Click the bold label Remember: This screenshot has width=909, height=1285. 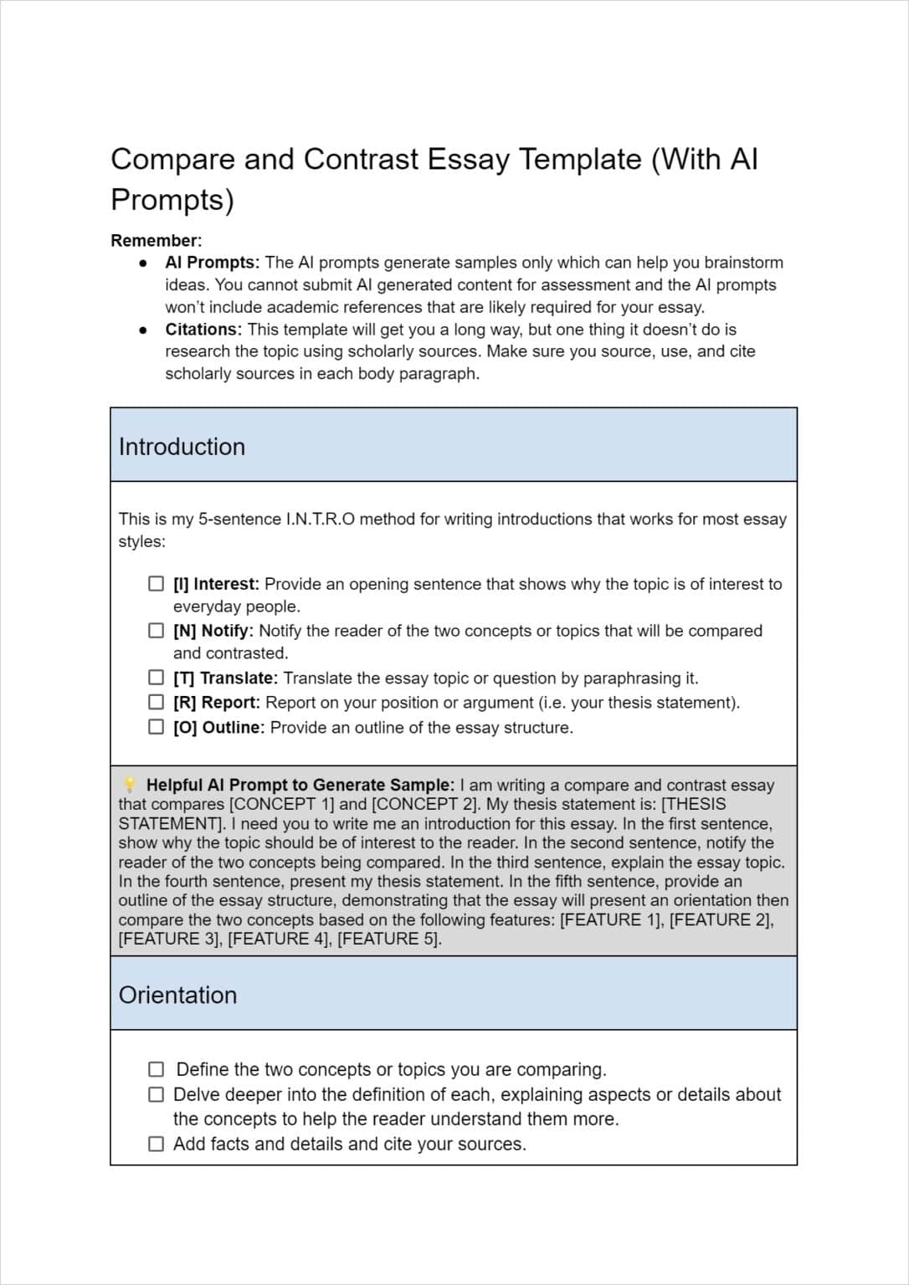pyautogui.click(x=157, y=241)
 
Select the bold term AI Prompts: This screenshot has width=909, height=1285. pyautogui.click(x=212, y=263)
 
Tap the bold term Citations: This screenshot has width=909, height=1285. pyautogui.click(x=203, y=330)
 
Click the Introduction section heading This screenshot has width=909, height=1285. pyautogui.click(x=182, y=447)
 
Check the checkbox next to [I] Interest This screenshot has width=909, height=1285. pyautogui.click(x=157, y=584)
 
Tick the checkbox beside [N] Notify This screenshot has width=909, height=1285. pyautogui.click(x=157, y=631)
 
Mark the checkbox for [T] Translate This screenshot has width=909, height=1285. pyautogui.click(x=157, y=678)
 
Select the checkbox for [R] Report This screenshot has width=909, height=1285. pyautogui.click(x=157, y=703)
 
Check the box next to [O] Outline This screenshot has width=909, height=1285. pyautogui.click(x=157, y=727)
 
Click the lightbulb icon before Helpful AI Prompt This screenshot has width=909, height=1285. pyautogui.click(x=130, y=785)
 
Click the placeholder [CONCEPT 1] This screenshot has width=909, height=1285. pyautogui.click(x=280, y=805)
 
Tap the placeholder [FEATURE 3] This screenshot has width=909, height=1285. pyautogui.click(x=170, y=939)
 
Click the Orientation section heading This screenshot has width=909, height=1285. pyautogui.click(x=177, y=995)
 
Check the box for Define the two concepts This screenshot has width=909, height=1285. pyautogui.click(x=157, y=1069)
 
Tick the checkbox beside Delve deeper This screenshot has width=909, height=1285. pyautogui.click(x=157, y=1094)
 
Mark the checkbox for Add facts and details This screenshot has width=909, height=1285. pyautogui.click(x=157, y=1144)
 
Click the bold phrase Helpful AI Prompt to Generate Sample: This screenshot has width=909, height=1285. pyautogui.click(x=300, y=785)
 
